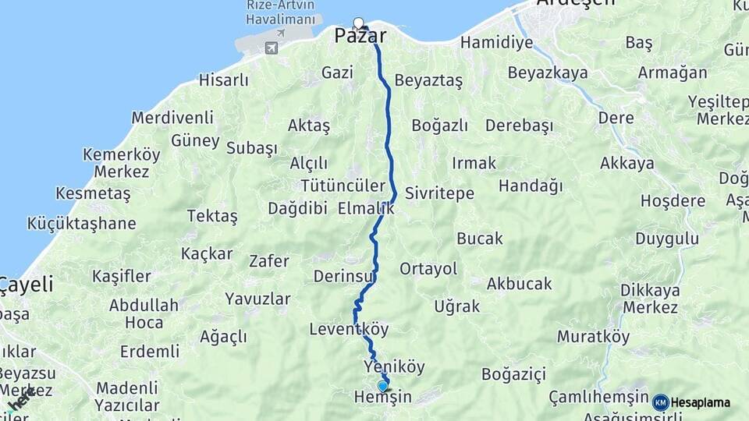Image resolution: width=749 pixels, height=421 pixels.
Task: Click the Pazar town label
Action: click(361, 36)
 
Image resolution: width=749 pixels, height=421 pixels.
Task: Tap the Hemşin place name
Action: click(382, 398)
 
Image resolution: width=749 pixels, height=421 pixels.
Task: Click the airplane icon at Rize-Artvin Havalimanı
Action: click(271, 48)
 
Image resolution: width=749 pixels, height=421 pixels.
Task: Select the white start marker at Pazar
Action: click(358, 23)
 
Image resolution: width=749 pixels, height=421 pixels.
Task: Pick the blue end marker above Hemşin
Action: click(382, 385)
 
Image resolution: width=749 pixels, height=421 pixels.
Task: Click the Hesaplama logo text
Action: click(701, 402)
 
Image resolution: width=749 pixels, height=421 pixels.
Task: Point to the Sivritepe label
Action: click(439, 193)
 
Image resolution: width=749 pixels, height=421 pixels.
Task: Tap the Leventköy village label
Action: click(349, 329)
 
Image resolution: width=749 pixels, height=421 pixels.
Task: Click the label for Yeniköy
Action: click(394, 366)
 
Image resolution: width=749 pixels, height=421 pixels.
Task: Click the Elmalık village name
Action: click(366, 209)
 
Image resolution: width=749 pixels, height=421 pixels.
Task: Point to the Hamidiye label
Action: click(496, 42)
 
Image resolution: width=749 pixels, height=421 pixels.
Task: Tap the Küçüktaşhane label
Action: click(81, 224)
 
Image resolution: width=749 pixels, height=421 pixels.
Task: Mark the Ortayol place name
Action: click(428, 269)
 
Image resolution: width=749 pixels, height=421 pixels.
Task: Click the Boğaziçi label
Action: click(513, 375)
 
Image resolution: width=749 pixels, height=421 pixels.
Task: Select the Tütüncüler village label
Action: click(343, 186)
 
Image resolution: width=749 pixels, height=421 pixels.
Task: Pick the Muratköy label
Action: click(593, 338)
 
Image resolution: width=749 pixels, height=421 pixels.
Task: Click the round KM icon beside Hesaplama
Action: click(661, 402)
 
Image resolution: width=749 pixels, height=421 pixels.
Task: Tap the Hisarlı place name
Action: click(223, 80)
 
